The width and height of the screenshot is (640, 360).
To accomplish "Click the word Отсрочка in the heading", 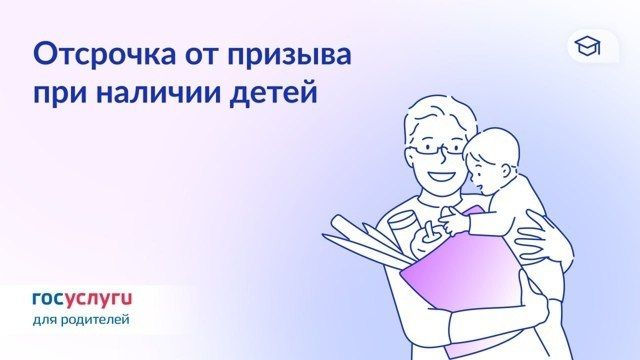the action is (105, 55).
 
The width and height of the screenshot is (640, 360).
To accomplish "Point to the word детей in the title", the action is (273, 94).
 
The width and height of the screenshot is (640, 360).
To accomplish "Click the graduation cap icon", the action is (587, 46).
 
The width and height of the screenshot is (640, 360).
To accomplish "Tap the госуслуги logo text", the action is (82, 300).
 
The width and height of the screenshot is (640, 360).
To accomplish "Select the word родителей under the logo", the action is (95, 320).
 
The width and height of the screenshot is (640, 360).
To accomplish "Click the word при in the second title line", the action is (61, 95).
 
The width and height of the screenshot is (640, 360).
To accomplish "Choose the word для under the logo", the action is (44, 320).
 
